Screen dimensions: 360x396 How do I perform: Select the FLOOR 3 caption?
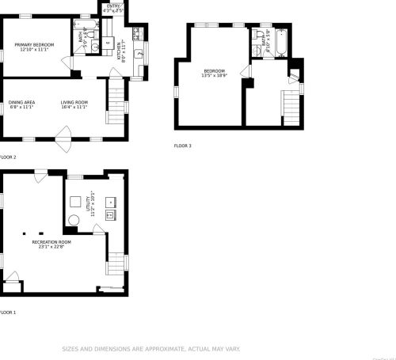(x=182, y=146)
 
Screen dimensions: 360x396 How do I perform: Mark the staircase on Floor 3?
(x=292, y=105)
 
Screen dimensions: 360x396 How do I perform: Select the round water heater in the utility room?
(x=74, y=221)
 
